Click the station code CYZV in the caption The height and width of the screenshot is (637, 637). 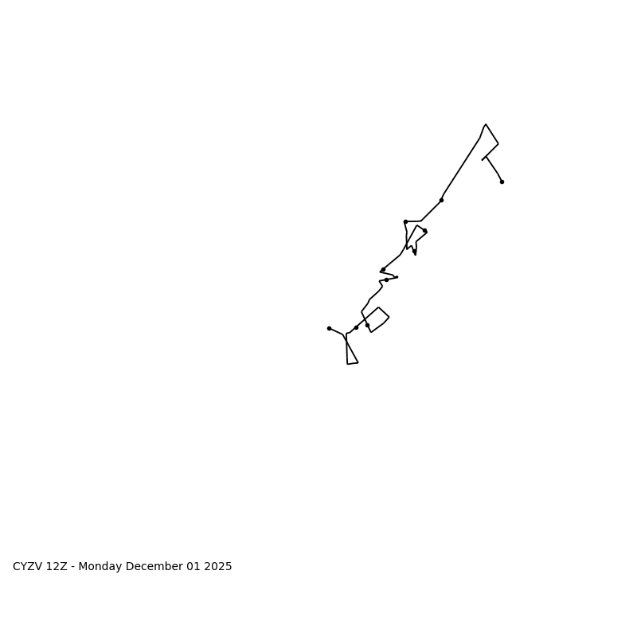pos(28,567)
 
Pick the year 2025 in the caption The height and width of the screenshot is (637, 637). pos(217,567)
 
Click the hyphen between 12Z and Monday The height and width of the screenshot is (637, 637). pos(73,567)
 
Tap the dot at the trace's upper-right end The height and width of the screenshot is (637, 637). pos(502,182)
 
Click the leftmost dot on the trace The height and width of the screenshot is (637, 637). pos(329,328)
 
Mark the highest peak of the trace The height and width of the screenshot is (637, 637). pos(486,124)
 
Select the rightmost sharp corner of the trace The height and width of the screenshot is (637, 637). pos(498,144)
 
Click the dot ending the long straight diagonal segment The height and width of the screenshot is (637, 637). pos(441,200)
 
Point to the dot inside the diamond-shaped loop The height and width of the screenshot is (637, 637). pos(367,325)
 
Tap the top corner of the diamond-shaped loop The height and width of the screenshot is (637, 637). pos(378,307)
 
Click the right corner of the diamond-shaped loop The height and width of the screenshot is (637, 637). pos(389,317)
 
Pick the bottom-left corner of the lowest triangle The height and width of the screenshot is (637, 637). pos(347,364)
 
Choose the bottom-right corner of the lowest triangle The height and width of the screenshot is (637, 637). pos(358,362)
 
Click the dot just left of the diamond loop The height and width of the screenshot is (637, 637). pos(356,327)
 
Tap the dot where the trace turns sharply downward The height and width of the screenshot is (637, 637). pos(405,221)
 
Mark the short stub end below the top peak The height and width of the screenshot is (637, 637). pos(482,160)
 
